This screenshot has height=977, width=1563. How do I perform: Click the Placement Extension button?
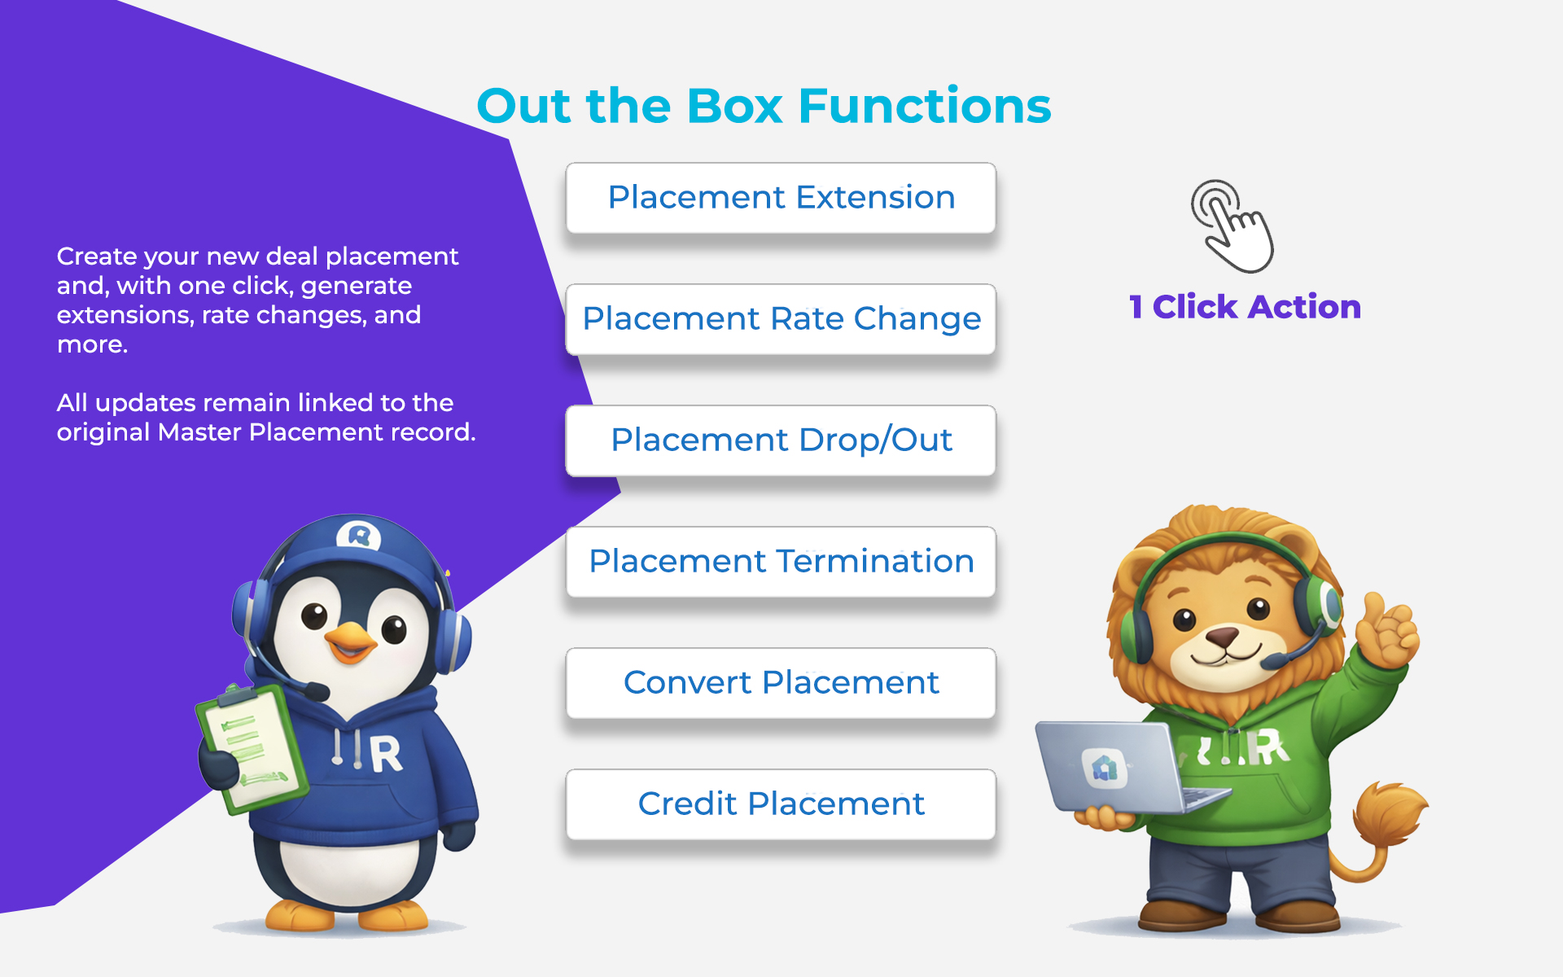pos(781,198)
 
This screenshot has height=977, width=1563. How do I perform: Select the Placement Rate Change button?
pos(781,319)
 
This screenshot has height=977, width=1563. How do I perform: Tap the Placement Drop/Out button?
pos(781,440)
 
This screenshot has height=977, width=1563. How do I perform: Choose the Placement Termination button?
pos(781,562)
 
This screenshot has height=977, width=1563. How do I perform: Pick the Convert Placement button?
pos(781,683)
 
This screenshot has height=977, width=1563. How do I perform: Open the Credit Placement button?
pos(781,804)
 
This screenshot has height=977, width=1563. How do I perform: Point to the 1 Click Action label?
pos(1245,307)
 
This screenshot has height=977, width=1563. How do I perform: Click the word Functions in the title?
pos(925,106)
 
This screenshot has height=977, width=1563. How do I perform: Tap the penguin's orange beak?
pos(352,641)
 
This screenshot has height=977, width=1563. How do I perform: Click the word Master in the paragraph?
pos(200,432)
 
